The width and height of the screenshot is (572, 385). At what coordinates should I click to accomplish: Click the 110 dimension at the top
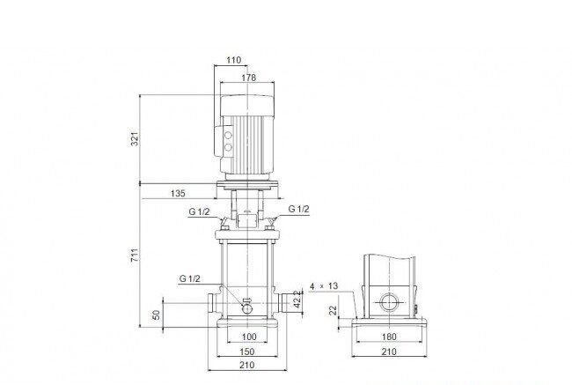pyautogui.click(x=233, y=60)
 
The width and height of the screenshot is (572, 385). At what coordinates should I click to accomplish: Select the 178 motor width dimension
pyautogui.click(x=249, y=78)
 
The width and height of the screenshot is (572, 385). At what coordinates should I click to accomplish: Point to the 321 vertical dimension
pyautogui.click(x=135, y=139)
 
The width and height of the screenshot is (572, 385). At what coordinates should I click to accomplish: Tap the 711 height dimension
pyautogui.click(x=135, y=255)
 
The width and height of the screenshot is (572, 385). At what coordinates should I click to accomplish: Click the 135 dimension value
pyautogui.click(x=178, y=193)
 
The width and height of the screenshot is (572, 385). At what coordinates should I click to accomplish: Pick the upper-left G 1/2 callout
pyautogui.click(x=199, y=211)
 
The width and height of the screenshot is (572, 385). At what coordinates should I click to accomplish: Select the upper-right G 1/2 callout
pyautogui.click(x=299, y=209)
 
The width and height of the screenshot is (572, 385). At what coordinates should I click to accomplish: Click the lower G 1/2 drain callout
pyautogui.click(x=190, y=278)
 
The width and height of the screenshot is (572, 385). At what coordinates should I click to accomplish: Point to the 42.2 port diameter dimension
pyautogui.click(x=298, y=299)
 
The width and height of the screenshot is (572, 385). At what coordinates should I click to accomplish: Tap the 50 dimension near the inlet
pyautogui.click(x=156, y=315)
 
